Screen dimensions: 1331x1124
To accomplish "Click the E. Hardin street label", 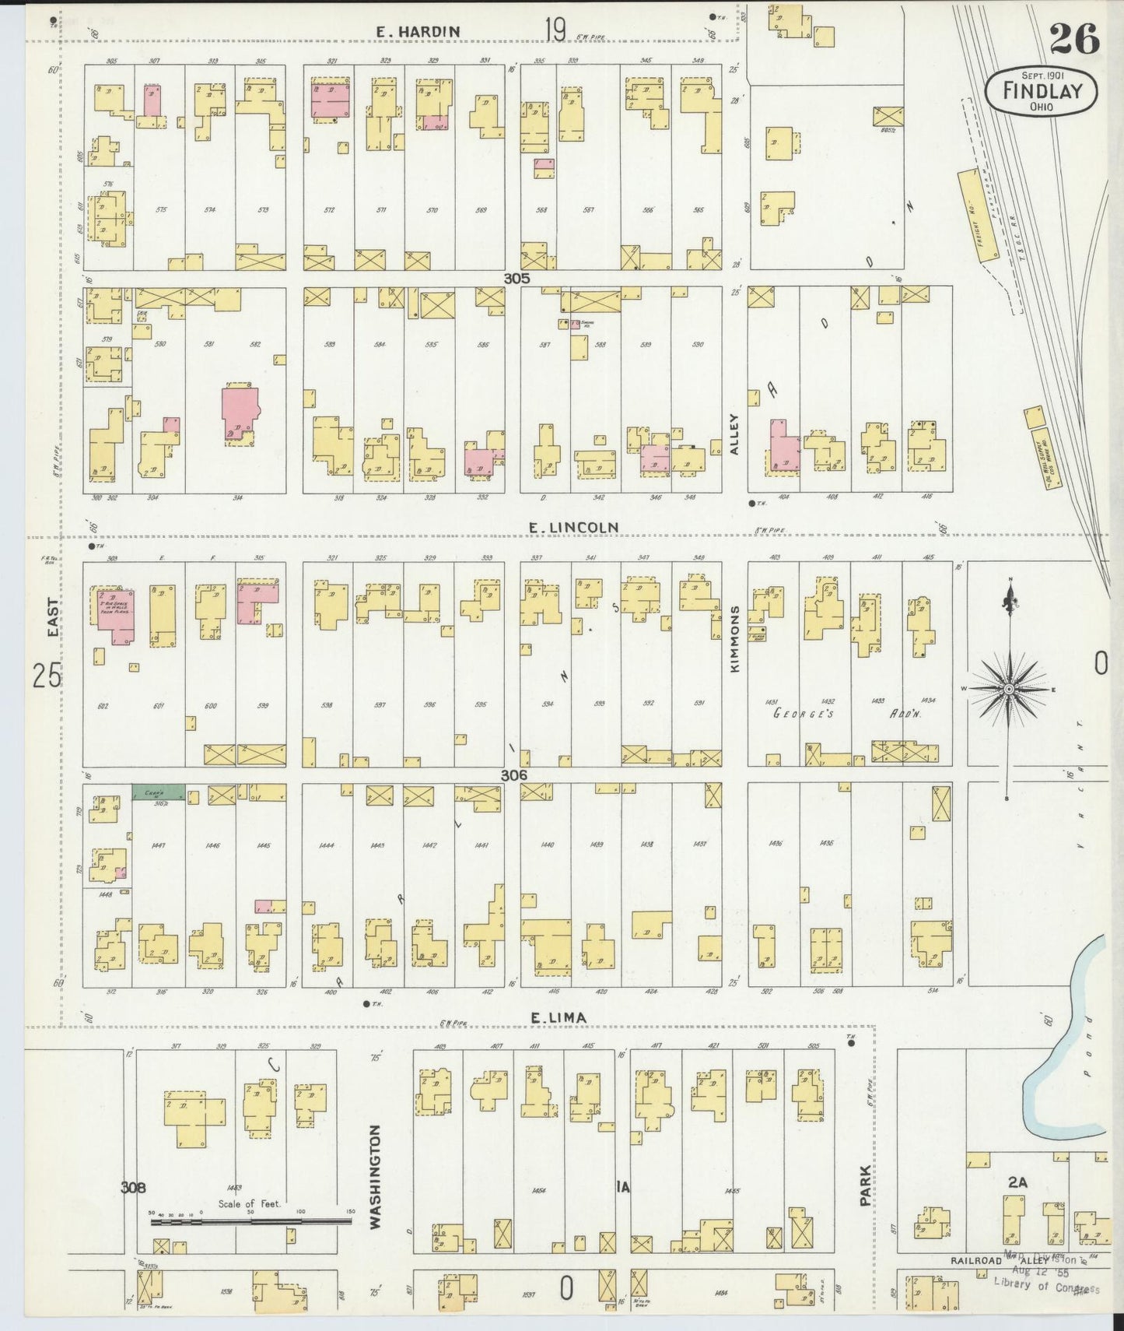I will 417,31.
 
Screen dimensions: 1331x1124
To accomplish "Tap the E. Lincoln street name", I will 573,528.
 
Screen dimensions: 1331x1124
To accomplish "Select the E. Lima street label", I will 558,1017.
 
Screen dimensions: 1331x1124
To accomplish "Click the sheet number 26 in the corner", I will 1073,39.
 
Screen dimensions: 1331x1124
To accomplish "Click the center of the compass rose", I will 1008,690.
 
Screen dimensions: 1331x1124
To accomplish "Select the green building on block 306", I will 159,792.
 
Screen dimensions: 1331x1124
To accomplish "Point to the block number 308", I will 134,1187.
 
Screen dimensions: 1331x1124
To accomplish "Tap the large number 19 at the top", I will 555,30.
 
